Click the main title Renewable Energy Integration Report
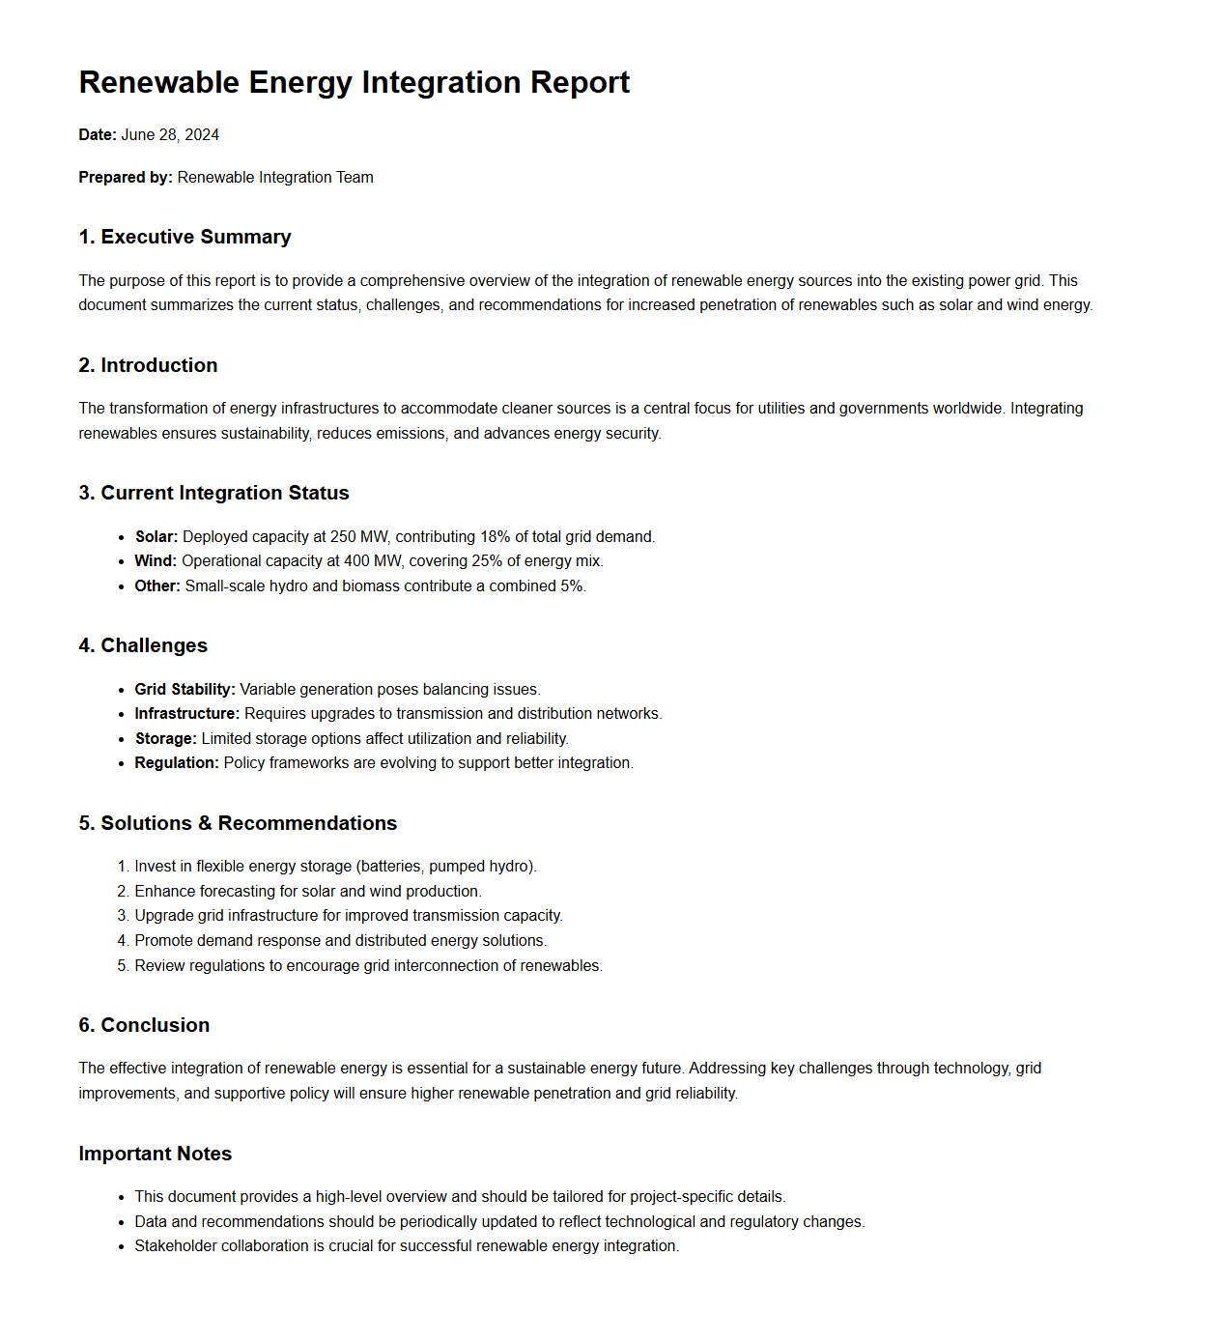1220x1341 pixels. (x=354, y=82)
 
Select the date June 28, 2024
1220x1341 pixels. (x=170, y=134)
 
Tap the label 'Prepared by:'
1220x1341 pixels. (x=126, y=177)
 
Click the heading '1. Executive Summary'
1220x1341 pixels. (x=184, y=237)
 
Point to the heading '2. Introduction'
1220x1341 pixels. (x=148, y=365)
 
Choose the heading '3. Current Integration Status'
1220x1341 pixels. (x=213, y=493)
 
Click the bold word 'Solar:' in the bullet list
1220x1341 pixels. (x=156, y=536)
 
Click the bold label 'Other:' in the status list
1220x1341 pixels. (x=157, y=585)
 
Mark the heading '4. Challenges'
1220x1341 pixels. (x=143, y=645)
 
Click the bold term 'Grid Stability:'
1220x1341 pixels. (x=184, y=689)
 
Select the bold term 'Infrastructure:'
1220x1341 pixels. (x=186, y=713)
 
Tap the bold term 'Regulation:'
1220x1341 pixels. (x=177, y=762)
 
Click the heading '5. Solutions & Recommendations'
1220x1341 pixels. (x=238, y=823)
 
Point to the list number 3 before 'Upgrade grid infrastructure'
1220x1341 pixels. (x=123, y=915)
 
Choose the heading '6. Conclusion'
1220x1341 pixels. (x=144, y=1025)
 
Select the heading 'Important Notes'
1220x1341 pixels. (x=155, y=1154)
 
